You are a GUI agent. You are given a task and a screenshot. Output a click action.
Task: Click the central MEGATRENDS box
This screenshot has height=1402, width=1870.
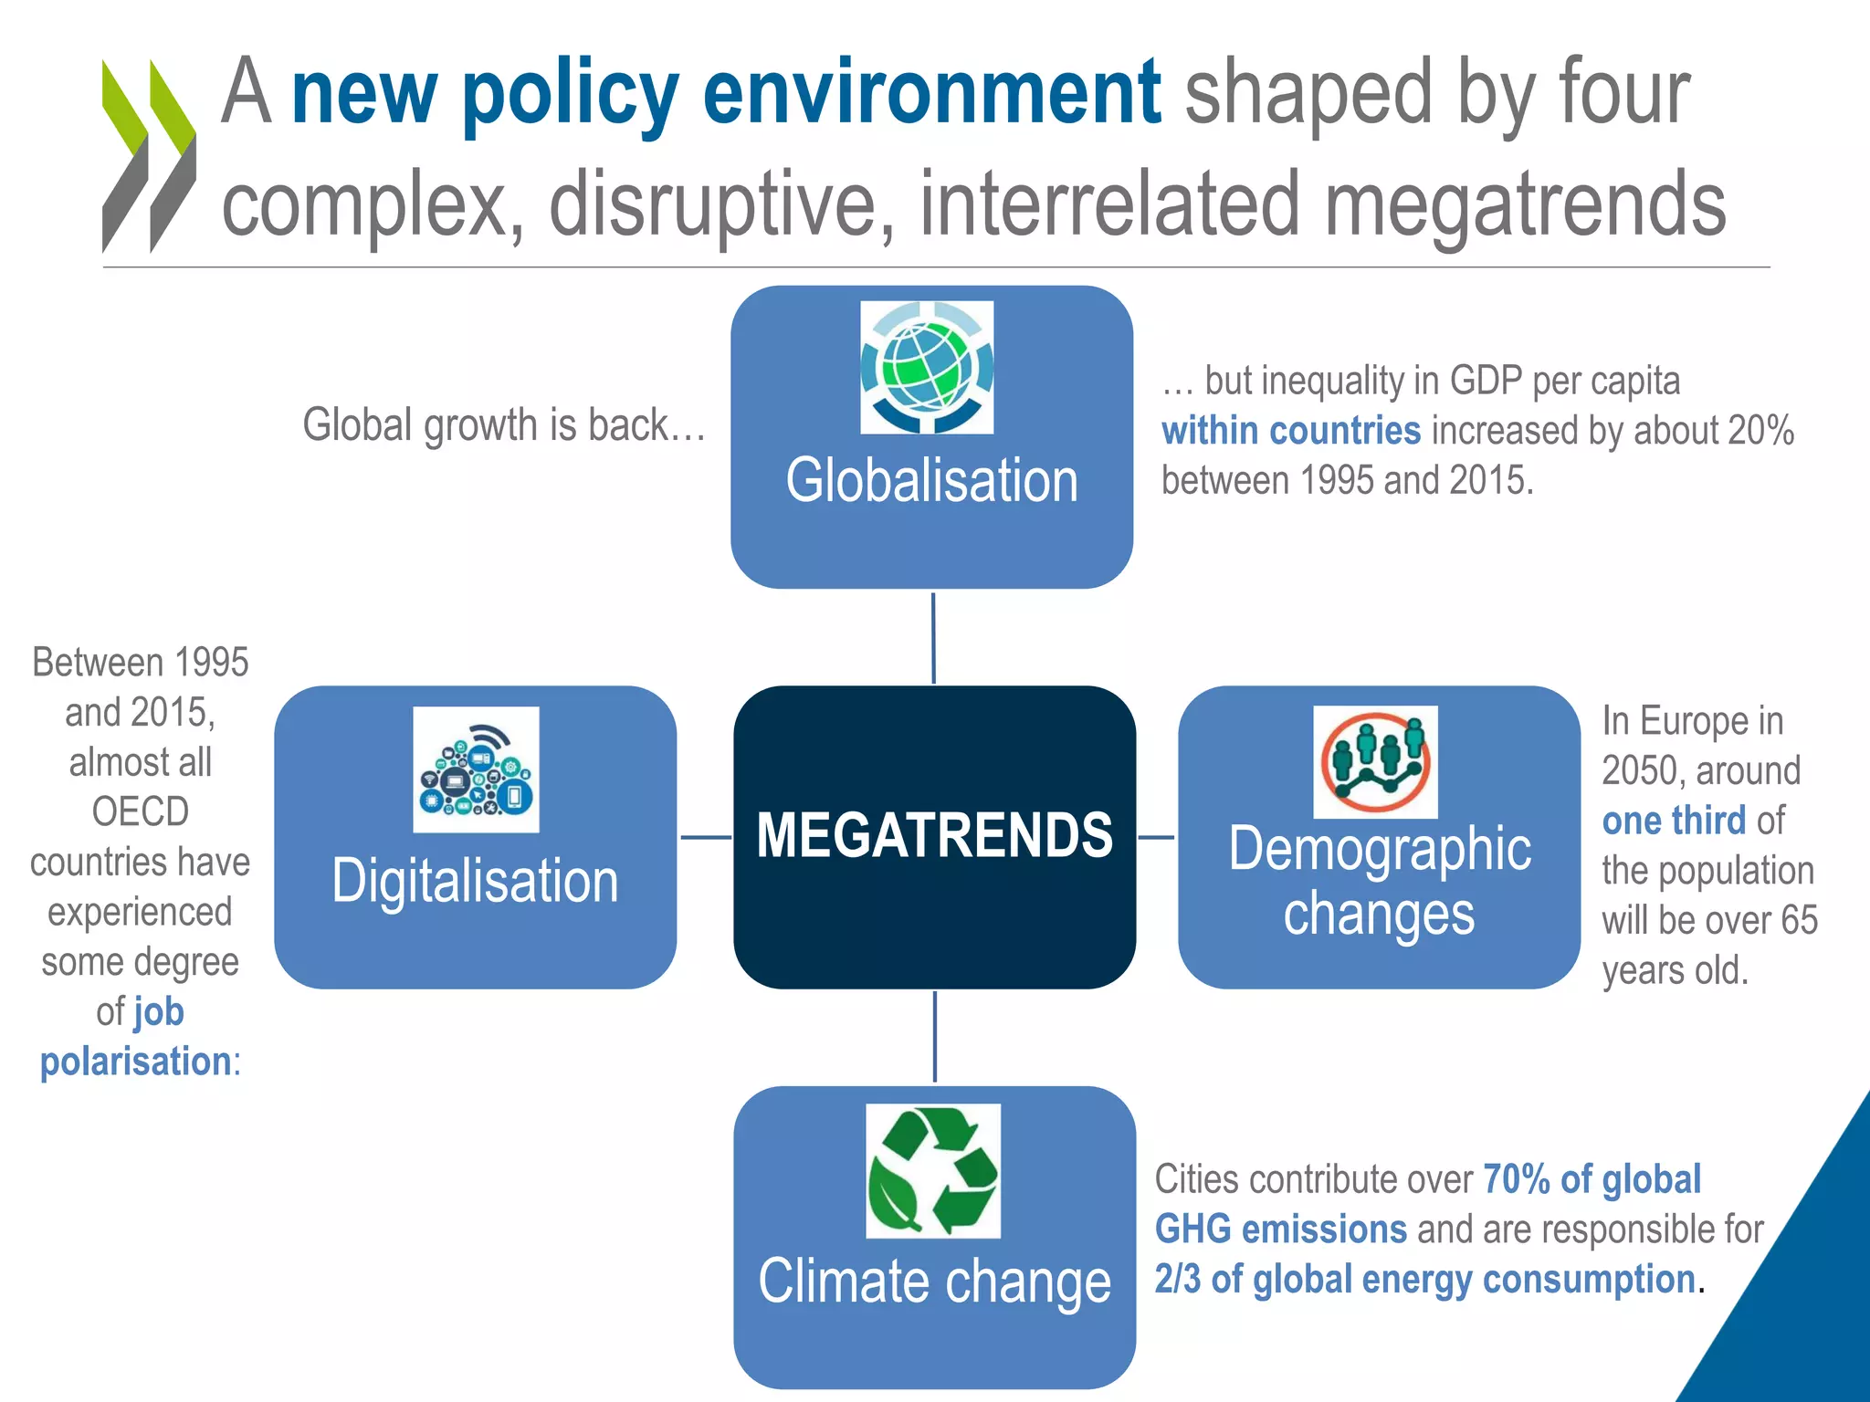pyautogui.click(x=934, y=836)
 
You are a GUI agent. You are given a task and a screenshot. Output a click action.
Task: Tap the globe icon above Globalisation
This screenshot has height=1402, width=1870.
pyautogui.click(x=927, y=367)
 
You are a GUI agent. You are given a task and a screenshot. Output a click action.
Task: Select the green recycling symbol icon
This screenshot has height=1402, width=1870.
pyautogui.click(x=932, y=1170)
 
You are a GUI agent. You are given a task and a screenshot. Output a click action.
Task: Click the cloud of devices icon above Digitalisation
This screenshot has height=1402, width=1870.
pyautogui.click(x=476, y=769)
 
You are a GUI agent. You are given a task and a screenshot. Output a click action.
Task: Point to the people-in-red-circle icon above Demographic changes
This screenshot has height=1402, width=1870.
pyautogui.click(x=1375, y=762)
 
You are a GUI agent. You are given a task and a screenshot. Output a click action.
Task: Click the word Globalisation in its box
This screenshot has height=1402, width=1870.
pyautogui.click(x=931, y=481)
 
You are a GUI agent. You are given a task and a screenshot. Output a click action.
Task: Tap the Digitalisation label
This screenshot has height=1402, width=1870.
pyautogui.click(x=475, y=881)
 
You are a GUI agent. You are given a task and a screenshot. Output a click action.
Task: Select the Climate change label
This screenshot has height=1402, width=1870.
pyautogui.click(x=934, y=1282)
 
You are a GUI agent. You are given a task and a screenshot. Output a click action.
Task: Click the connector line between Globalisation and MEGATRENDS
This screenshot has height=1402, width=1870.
pyautogui.click(x=933, y=637)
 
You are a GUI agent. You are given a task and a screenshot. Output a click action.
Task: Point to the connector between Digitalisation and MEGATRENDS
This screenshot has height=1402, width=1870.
pyautogui.click(x=706, y=837)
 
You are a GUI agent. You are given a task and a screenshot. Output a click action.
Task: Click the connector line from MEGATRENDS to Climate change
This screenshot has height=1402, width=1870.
pyautogui.click(x=934, y=1037)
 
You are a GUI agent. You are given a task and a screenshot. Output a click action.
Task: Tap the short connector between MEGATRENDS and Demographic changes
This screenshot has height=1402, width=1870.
pyautogui.click(x=1157, y=837)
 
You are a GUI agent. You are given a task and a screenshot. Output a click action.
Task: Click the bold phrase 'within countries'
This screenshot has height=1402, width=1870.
pyautogui.click(x=1290, y=431)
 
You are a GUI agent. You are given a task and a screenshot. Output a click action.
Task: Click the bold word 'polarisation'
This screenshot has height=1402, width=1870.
pyautogui.click(x=135, y=1062)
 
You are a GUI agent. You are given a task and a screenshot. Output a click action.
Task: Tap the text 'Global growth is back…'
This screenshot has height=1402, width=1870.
pyautogui.click(x=504, y=425)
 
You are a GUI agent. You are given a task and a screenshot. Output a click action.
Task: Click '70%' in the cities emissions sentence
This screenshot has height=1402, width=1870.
pyautogui.click(x=1516, y=1179)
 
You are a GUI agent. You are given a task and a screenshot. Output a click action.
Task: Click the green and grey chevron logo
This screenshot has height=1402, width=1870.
pyautogui.click(x=148, y=155)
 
